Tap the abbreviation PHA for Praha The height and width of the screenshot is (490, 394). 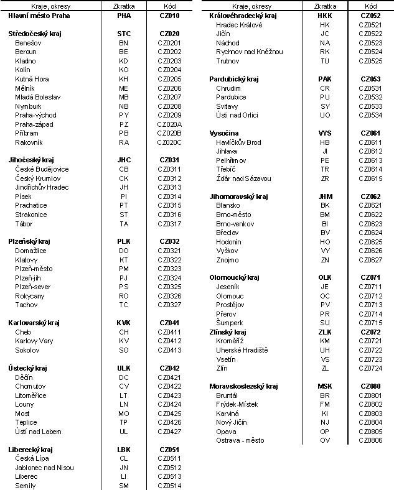coord(124,16)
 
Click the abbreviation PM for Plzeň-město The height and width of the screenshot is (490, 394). coord(124,269)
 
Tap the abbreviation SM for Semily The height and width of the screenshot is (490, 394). coord(124,486)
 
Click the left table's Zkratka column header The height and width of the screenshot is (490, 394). coord(124,6)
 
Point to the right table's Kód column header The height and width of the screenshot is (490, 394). coord(370,6)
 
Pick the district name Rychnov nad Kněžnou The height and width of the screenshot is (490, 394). coord(249,52)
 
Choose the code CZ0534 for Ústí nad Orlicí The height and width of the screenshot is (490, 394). coord(370,115)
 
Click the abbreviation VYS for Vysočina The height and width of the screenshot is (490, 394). coord(324,133)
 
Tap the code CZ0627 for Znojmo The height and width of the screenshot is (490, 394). coord(370,259)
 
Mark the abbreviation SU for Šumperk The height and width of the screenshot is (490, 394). coord(324,323)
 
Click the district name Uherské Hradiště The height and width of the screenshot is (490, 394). coord(242,350)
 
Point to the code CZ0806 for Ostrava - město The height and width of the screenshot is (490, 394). coord(370,440)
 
